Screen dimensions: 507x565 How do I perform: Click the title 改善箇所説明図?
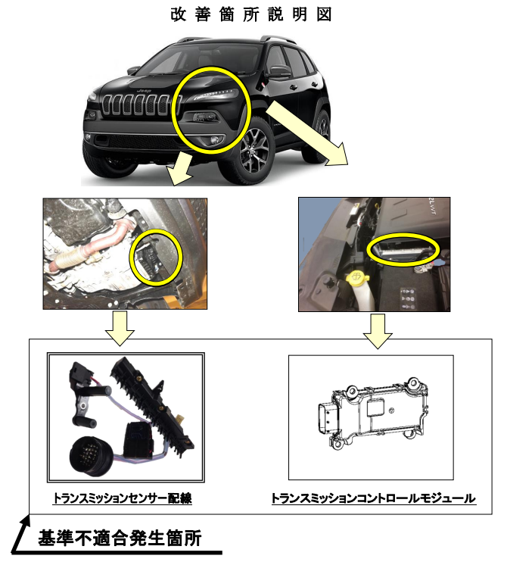coord(251,15)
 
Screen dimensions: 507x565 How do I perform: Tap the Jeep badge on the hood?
coord(145,90)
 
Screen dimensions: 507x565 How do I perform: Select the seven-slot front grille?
coord(135,105)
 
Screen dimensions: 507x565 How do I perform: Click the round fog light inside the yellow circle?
coord(216,140)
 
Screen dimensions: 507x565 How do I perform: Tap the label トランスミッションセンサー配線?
coord(123,498)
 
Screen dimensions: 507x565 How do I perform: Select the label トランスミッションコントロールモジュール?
coord(373,498)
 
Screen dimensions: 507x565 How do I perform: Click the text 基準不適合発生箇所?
coord(120,538)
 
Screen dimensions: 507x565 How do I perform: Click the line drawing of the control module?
coord(373,414)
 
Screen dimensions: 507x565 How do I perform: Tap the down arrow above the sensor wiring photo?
coord(120,329)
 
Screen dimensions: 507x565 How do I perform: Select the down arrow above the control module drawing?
coord(378,331)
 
